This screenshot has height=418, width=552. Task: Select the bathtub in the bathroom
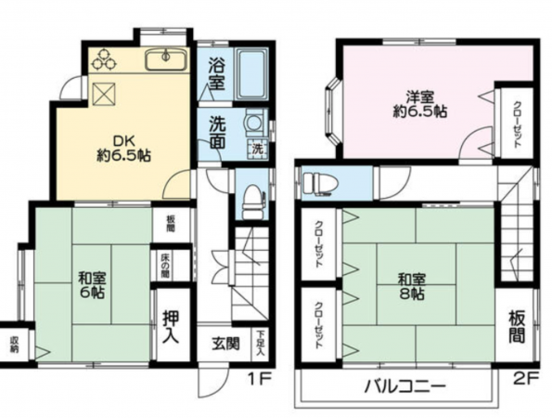pyautogui.click(x=250, y=74)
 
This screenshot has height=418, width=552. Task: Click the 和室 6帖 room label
pyautogui.click(x=91, y=284)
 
